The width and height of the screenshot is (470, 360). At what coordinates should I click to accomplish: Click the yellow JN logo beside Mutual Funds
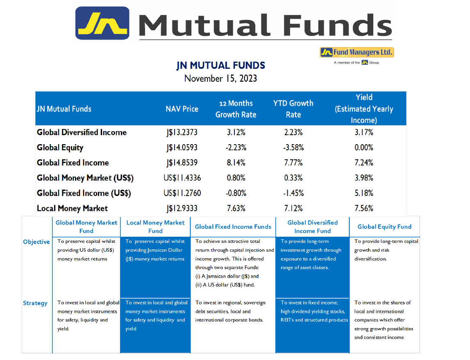tap(102, 23)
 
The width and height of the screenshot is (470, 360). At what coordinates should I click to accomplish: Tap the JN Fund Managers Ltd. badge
tap(356, 52)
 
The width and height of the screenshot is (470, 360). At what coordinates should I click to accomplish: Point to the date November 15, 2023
tap(220, 79)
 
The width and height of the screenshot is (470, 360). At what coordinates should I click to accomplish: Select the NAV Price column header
tap(182, 109)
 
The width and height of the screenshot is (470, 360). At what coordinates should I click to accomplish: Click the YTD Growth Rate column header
tap(293, 109)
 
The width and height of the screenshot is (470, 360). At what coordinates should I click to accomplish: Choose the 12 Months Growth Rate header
tap(236, 109)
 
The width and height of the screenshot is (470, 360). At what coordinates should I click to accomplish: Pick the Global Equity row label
tap(60, 148)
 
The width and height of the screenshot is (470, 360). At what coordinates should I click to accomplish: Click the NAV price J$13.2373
tap(182, 132)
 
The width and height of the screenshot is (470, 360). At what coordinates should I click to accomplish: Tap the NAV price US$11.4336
tap(182, 178)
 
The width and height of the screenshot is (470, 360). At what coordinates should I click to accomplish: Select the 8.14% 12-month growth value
tap(236, 163)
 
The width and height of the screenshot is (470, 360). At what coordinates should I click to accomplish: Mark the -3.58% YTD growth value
tap(293, 147)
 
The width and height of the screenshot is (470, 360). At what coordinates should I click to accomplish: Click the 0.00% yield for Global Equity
tap(364, 147)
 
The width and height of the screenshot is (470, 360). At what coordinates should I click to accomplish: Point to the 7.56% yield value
tap(364, 208)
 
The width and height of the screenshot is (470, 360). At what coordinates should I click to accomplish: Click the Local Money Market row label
tap(72, 208)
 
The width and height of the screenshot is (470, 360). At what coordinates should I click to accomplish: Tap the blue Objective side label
tap(36, 242)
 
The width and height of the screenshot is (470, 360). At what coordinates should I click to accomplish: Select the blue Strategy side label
tap(35, 303)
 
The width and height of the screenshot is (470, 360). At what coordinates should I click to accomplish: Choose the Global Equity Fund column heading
tap(385, 227)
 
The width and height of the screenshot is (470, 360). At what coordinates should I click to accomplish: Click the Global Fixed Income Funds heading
tap(233, 227)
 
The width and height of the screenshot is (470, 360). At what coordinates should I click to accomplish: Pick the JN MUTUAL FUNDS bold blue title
tap(220, 66)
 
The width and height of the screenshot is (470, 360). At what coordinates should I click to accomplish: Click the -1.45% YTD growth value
tap(293, 193)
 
